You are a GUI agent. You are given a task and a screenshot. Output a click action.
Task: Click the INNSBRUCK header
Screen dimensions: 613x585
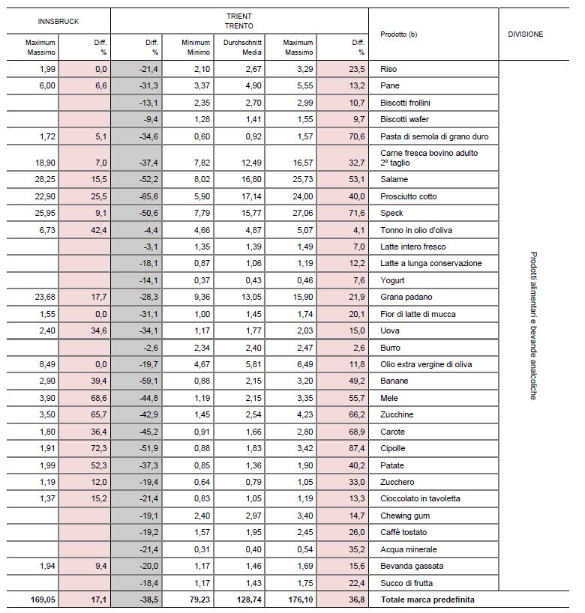coord(58,22)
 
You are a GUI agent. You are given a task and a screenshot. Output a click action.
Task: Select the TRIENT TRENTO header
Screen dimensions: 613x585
coord(239,21)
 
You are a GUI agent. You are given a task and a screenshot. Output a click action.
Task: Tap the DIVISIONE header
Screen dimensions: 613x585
coord(525,34)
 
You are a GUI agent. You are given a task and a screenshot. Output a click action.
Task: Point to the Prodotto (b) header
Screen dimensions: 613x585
coord(398,34)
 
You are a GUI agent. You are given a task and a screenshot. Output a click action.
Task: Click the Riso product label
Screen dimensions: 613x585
coord(389,70)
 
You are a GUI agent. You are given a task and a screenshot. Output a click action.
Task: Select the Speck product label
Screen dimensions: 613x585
coord(392,214)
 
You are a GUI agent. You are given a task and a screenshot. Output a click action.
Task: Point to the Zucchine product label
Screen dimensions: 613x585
coord(397,415)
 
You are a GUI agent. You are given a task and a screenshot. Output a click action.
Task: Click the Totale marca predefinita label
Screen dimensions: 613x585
coord(427,600)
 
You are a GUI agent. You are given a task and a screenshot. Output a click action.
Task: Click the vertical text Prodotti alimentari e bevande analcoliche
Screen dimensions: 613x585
coord(533,326)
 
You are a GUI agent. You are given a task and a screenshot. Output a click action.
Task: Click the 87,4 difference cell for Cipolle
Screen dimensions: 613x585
coord(355,449)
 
